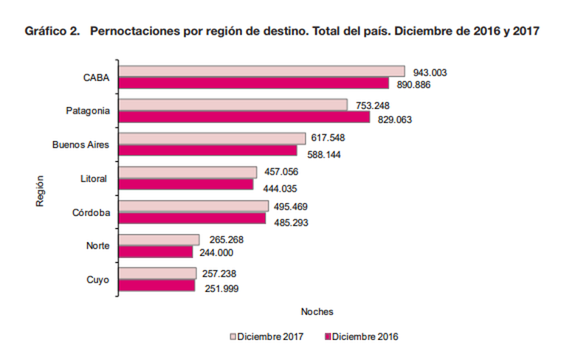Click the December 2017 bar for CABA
(x=262, y=72)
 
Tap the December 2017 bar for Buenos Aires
(x=212, y=139)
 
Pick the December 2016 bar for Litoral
(x=186, y=184)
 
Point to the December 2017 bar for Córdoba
(x=193, y=206)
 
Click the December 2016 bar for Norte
(x=155, y=252)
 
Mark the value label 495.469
(x=293, y=206)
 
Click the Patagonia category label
(x=88, y=111)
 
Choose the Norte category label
(x=98, y=246)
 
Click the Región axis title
(x=41, y=190)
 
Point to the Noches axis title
(x=317, y=311)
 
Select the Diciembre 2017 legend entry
(x=269, y=336)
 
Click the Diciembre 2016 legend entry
(x=362, y=336)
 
